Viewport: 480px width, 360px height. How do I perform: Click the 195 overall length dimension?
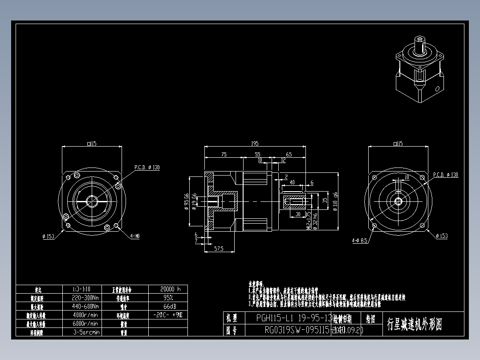(254, 143)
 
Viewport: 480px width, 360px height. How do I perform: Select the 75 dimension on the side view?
(224, 154)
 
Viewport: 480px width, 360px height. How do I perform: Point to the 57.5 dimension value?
(218, 249)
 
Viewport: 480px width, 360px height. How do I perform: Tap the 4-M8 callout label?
(135, 236)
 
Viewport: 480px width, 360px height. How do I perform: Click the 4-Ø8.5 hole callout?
(359, 241)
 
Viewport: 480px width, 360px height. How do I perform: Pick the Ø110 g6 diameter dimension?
(335, 201)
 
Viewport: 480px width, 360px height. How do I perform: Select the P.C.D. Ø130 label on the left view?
(147, 168)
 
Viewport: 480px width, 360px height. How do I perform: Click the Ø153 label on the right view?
(441, 236)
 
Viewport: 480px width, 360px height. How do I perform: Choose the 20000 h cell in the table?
(167, 289)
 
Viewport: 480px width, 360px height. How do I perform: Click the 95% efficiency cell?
(167, 298)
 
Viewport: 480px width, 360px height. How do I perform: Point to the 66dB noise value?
(167, 307)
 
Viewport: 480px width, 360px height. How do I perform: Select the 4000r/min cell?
(85, 315)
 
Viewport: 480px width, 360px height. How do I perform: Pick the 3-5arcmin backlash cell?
(85, 332)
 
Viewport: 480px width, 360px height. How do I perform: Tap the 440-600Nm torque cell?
(85, 306)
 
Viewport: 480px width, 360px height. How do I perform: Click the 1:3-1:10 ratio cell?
(85, 289)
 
